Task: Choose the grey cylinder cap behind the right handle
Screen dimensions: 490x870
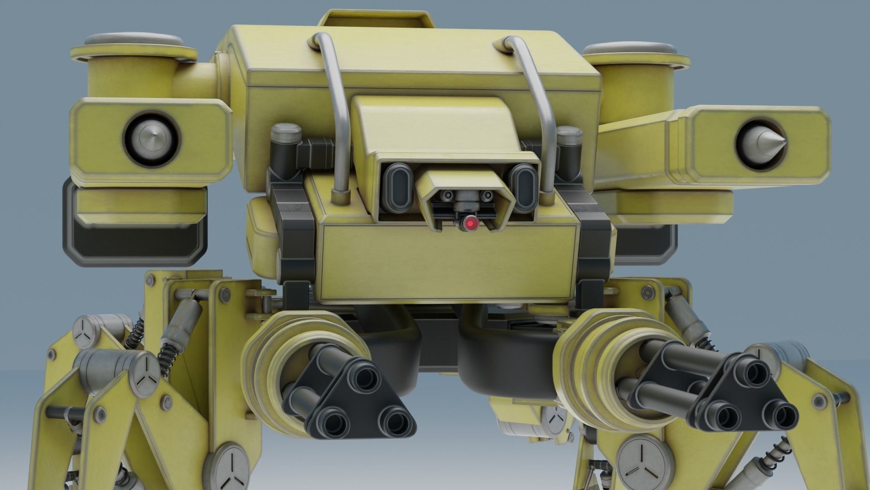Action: pos(569,135)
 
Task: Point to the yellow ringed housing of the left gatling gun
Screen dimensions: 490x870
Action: pos(290,345)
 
